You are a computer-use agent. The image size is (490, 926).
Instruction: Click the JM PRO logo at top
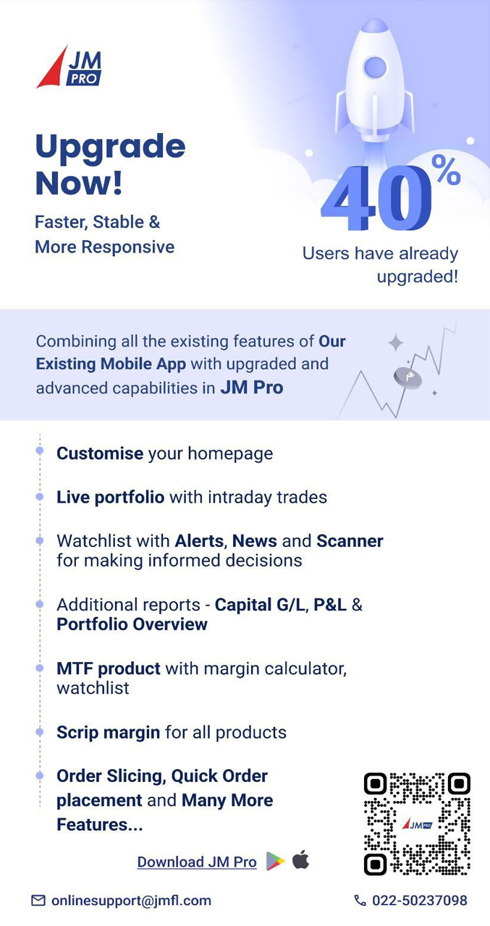coord(69,67)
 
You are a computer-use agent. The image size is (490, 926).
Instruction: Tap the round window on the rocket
coord(375,67)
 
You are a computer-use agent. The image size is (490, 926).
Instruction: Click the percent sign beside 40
coord(446,169)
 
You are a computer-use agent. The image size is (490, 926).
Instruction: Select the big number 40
coord(376,197)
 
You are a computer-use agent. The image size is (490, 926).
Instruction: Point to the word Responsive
coord(128,247)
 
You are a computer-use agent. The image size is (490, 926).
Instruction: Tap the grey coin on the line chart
coord(407,378)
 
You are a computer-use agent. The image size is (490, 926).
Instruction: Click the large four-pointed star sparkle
coord(396,343)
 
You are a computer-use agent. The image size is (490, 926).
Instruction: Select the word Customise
coord(100,454)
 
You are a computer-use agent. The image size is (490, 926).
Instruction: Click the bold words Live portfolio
coord(111,497)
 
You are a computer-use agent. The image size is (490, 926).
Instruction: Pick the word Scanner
coord(350,540)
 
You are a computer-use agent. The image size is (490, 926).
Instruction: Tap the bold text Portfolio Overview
coord(132,624)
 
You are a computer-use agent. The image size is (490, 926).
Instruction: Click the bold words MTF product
coord(109,669)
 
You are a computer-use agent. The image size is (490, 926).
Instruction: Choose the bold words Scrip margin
coord(108,733)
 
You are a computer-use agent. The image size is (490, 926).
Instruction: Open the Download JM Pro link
coord(197,862)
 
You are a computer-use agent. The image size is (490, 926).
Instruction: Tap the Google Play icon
coord(275,862)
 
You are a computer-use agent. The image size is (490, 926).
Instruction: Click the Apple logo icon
coord(300,860)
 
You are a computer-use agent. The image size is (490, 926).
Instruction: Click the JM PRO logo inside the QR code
coord(417,824)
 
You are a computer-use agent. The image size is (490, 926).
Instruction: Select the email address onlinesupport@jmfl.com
coord(131,901)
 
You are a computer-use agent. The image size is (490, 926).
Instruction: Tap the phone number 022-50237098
coord(420,901)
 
